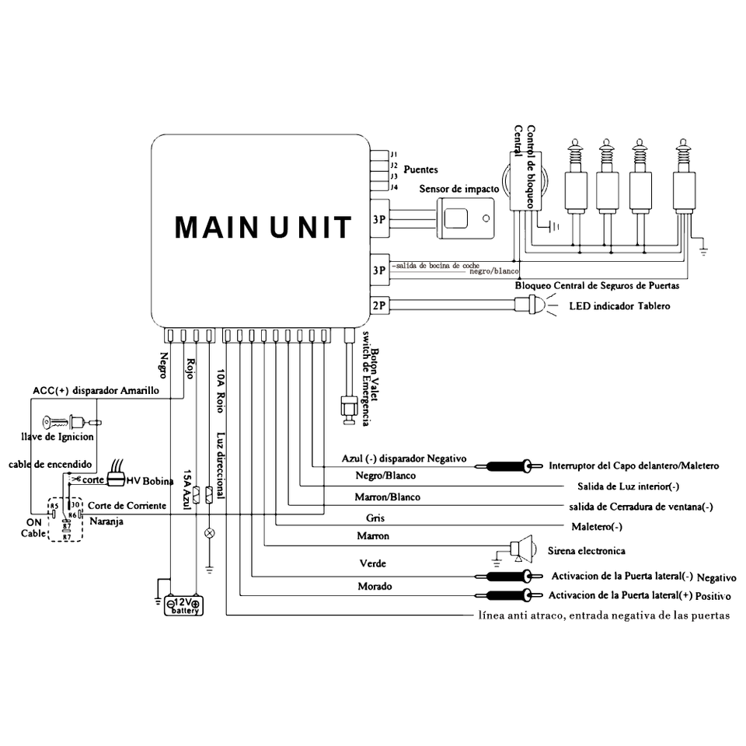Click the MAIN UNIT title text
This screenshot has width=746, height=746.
263,227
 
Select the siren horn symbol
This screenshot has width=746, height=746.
523,549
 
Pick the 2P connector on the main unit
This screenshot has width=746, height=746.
380,306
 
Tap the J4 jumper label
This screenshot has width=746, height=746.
394,186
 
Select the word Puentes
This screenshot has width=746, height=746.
421,169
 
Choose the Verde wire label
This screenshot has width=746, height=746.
371,563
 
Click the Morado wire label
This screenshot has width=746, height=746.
375,586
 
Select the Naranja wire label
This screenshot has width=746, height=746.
106,521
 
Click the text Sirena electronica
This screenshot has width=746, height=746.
587,551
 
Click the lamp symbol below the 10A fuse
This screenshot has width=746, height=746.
209,533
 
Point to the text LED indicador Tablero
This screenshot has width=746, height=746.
619,306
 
